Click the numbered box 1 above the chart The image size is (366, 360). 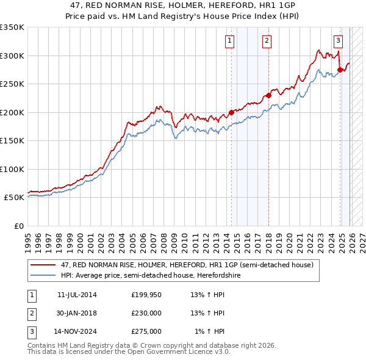tap(229, 41)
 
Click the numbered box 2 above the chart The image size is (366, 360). tap(267, 41)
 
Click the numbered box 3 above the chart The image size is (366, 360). tap(338, 41)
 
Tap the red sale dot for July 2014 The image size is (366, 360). tap(232, 112)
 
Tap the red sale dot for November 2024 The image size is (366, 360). tap(340, 70)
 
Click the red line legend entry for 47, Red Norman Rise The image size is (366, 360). tap(187, 265)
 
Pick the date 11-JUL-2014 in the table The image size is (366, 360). tap(77, 295)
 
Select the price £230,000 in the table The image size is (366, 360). tap(146, 313)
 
